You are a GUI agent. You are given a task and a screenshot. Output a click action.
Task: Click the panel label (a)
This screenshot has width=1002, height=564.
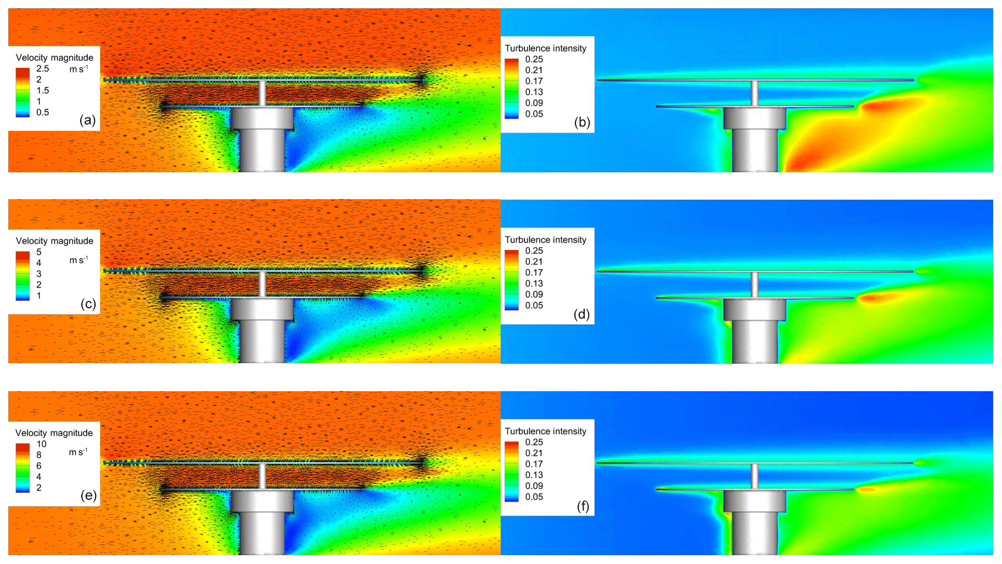click(x=88, y=120)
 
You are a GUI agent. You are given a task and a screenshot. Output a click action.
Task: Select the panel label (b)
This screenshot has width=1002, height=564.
click(x=582, y=122)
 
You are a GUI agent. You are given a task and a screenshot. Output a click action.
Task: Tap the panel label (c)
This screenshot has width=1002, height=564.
click(x=88, y=303)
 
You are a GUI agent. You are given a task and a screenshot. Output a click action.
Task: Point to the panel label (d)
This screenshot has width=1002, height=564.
click(x=581, y=314)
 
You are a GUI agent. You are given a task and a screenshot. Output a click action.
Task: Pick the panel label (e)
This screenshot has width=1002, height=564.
click(x=88, y=495)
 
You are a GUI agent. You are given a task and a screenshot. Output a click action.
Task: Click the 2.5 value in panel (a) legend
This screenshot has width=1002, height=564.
click(x=43, y=69)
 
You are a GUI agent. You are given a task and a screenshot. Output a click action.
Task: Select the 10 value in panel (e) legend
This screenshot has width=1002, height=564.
click(x=42, y=444)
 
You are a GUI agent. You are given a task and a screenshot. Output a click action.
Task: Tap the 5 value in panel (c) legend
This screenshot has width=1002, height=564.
click(x=39, y=252)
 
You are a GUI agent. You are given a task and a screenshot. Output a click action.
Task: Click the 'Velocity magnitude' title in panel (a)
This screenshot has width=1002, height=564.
click(x=54, y=58)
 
